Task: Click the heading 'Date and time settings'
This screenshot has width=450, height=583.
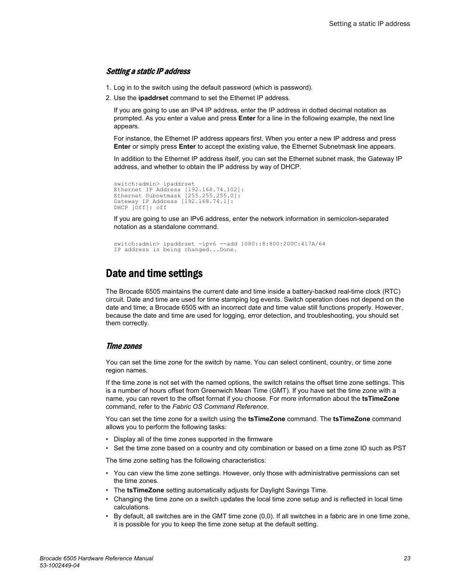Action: (x=154, y=274)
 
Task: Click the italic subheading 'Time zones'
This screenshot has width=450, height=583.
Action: (x=124, y=346)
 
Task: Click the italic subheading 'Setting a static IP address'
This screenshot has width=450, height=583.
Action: (x=148, y=71)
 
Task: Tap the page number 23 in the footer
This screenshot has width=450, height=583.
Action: (x=407, y=558)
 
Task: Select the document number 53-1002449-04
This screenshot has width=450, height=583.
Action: (x=59, y=566)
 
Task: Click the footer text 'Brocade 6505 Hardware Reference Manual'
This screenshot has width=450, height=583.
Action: (x=96, y=558)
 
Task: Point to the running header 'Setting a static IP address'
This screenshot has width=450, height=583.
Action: (x=369, y=24)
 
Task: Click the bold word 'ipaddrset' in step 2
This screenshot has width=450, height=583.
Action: (x=153, y=98)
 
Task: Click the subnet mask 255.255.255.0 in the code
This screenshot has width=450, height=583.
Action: (x=211, y=195)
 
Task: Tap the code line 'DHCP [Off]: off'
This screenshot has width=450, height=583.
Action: (x=140, y=207)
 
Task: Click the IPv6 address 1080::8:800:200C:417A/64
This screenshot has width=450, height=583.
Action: (x=283, y=244)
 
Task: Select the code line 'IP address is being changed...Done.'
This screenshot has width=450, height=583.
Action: (x=175, y=250)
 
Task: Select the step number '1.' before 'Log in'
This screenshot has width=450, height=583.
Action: (x=108, y=87)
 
